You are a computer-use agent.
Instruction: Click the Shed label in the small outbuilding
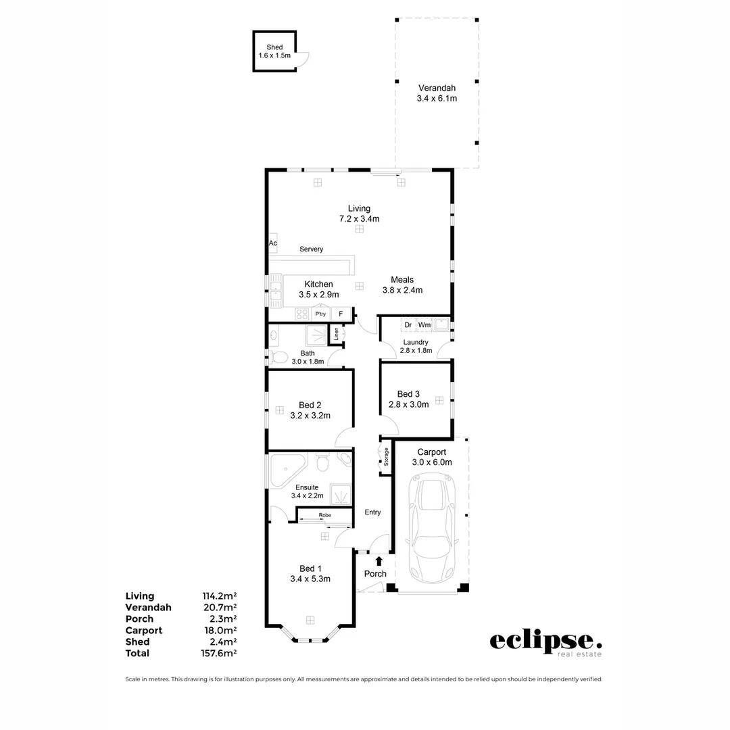pyautogui.click(x=274, y=47)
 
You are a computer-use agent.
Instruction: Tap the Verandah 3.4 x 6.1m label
pyautogui.click(x=437, y=93)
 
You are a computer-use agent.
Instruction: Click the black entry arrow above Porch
pyautogui.click(x=379, y=560)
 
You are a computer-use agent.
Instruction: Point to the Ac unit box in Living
pyautogui.click(x=273, y=243)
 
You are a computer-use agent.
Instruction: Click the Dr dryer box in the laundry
pyautogui.click(x=408, y=325)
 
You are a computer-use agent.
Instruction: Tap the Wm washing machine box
pyautogui.click(x=424, y=325)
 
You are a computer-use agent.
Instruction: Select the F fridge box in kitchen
pyautogui.click(x=341, y=314)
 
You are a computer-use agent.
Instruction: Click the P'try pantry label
pyautogui.click(x=320, y=314)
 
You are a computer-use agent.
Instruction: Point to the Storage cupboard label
pyautogui.click(x=386, y=458)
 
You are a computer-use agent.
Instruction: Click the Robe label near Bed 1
pyautogui.click(x=325, y=515)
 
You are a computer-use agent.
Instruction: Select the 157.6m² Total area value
pyautogui.click(x=219, y=653)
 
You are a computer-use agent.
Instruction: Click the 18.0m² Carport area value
pyautogui.click(x=219, y=630)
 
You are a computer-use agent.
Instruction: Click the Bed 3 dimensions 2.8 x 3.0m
pyautogui.click(x=408, y=405)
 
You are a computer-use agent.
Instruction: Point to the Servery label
pyautogui.click(x=311, y=249)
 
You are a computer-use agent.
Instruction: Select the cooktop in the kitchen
pyautogui.click(x=301, y=314)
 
